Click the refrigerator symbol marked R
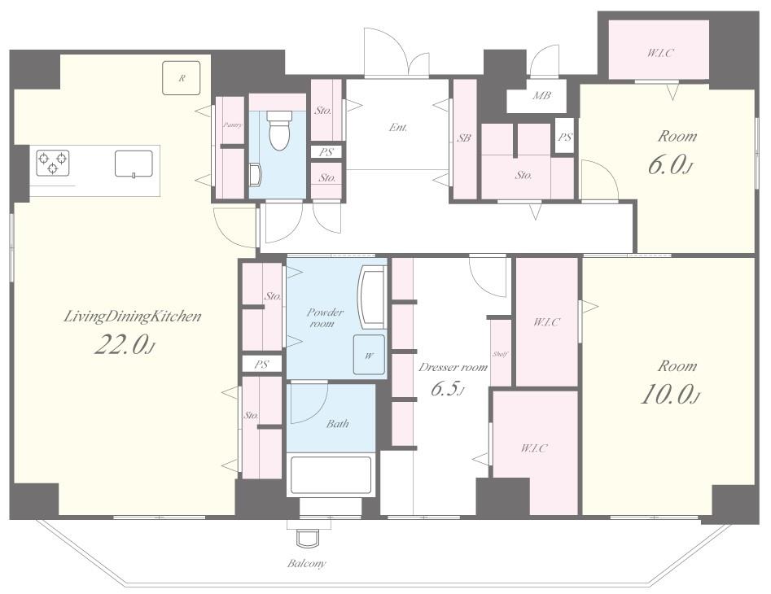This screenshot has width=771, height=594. point(182,77)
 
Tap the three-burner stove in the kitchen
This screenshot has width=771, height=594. point(53,163)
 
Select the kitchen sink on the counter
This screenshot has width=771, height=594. point(134,164)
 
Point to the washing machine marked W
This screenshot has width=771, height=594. point(369,355)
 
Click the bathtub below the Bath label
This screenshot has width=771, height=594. point(331,475)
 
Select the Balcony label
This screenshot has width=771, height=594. point(306,564)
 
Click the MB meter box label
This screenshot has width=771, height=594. point(541,96)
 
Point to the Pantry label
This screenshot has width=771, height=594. point(232,125)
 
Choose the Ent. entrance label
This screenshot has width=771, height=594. point(398,127)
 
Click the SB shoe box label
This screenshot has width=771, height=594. point(464,138)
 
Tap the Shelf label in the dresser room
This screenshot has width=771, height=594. point(500,354)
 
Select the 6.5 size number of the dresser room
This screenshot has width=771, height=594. point(447,390)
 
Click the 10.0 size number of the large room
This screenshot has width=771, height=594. point(670,395)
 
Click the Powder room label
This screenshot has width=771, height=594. point(325,318)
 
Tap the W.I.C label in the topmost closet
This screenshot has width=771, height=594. point(659,53)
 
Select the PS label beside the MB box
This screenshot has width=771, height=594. point(564,137)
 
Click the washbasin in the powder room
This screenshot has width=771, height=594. point(373,297)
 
